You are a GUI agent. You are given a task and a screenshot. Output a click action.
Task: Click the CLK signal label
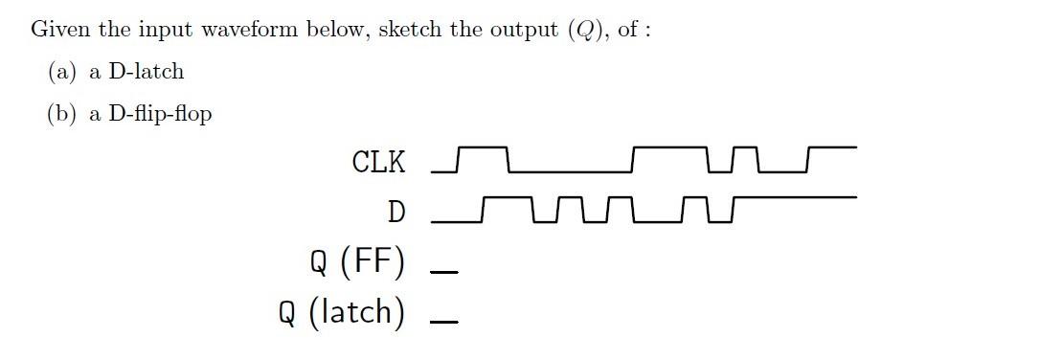[378, 162]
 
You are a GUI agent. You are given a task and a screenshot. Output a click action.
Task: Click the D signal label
[395, 212]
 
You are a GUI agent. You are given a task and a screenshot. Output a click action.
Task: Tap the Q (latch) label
[342, 311]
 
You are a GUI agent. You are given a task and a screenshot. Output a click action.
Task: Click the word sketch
[410, 29]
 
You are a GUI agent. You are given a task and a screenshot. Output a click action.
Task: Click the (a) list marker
[62, 72]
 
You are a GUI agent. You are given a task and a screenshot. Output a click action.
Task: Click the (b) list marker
[63, 115]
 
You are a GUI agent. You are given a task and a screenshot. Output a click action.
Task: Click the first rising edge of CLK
[459, 160]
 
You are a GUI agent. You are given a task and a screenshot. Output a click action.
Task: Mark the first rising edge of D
[484, 210]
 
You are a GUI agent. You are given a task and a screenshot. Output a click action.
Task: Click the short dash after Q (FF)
[443, 271]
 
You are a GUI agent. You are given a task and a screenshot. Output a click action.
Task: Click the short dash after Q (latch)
[443, 321]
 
